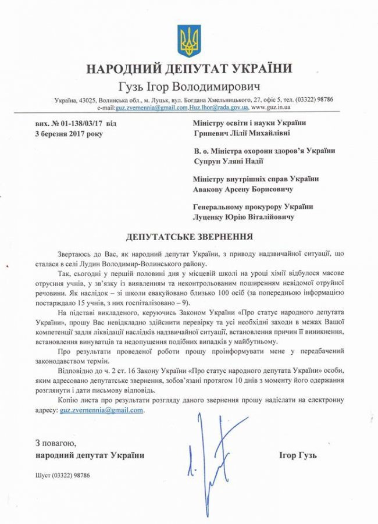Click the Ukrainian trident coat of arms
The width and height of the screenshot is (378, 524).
(x=189, y=41)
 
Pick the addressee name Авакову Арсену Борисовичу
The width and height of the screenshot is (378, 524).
(x=243, y=189)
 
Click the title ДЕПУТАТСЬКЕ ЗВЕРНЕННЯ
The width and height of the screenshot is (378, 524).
(x=190, y=237)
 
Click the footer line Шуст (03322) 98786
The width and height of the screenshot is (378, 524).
(x=62, y=475)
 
